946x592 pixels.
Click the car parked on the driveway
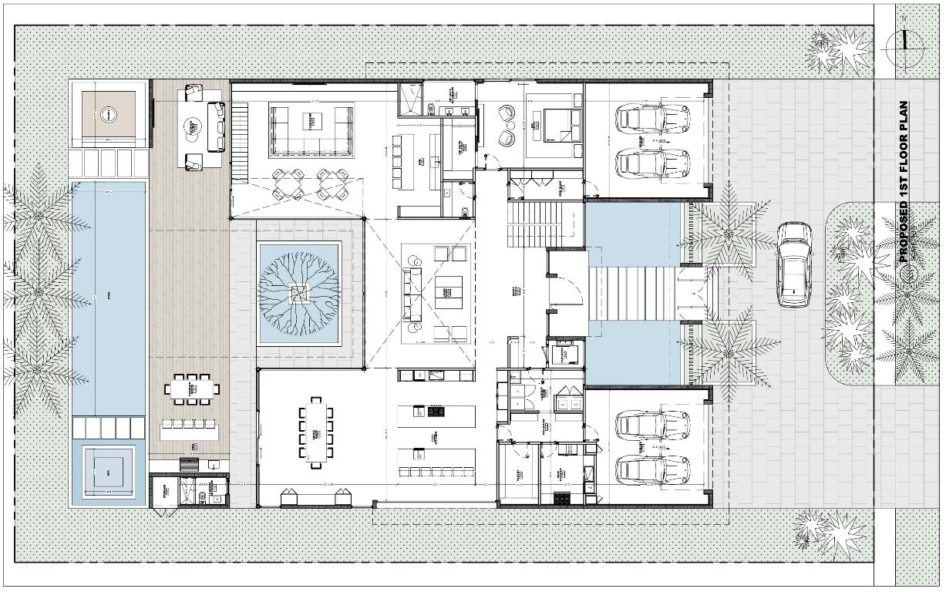pyautogui.click(x=794, y=264)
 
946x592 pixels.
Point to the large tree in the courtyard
pyautogui.click(x=298, y=293)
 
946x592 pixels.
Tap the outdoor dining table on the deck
pyautogui.click(x=190, y=388)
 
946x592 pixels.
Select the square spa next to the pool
pyautogui.click(x=109, y=472)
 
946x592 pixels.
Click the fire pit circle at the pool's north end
pyautogui.click(x=109, y=115)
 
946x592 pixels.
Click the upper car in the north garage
pyautogui.click(x=653, y=118)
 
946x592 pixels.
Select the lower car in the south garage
pyautogui.click(x=653, y=469)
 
